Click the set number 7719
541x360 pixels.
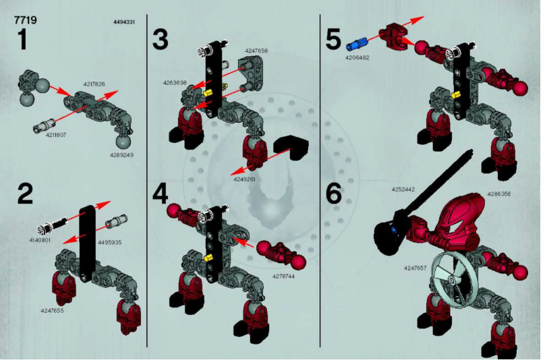(x=25, y=20)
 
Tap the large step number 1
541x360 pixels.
(x=22, y=40)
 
